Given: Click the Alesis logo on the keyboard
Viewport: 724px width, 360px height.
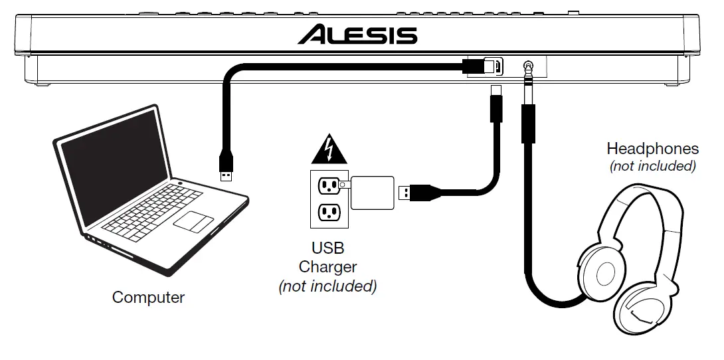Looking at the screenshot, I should tap(357, 34).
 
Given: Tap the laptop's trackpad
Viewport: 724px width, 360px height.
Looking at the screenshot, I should tap(193, 220).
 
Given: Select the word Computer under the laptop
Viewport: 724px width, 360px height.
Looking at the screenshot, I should tap(148, 297).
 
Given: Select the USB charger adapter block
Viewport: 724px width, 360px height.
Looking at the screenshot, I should tap(372, 193).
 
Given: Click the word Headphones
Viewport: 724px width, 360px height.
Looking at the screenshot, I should tap(652, 148).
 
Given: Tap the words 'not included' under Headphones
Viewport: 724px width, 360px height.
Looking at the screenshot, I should tap(652, 166).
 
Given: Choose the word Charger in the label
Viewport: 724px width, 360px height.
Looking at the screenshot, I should tap(327, 267).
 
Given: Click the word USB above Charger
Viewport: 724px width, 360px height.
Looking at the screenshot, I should tap(327, 248).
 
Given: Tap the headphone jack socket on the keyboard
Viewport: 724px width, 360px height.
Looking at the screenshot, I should tap(528, 66).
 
